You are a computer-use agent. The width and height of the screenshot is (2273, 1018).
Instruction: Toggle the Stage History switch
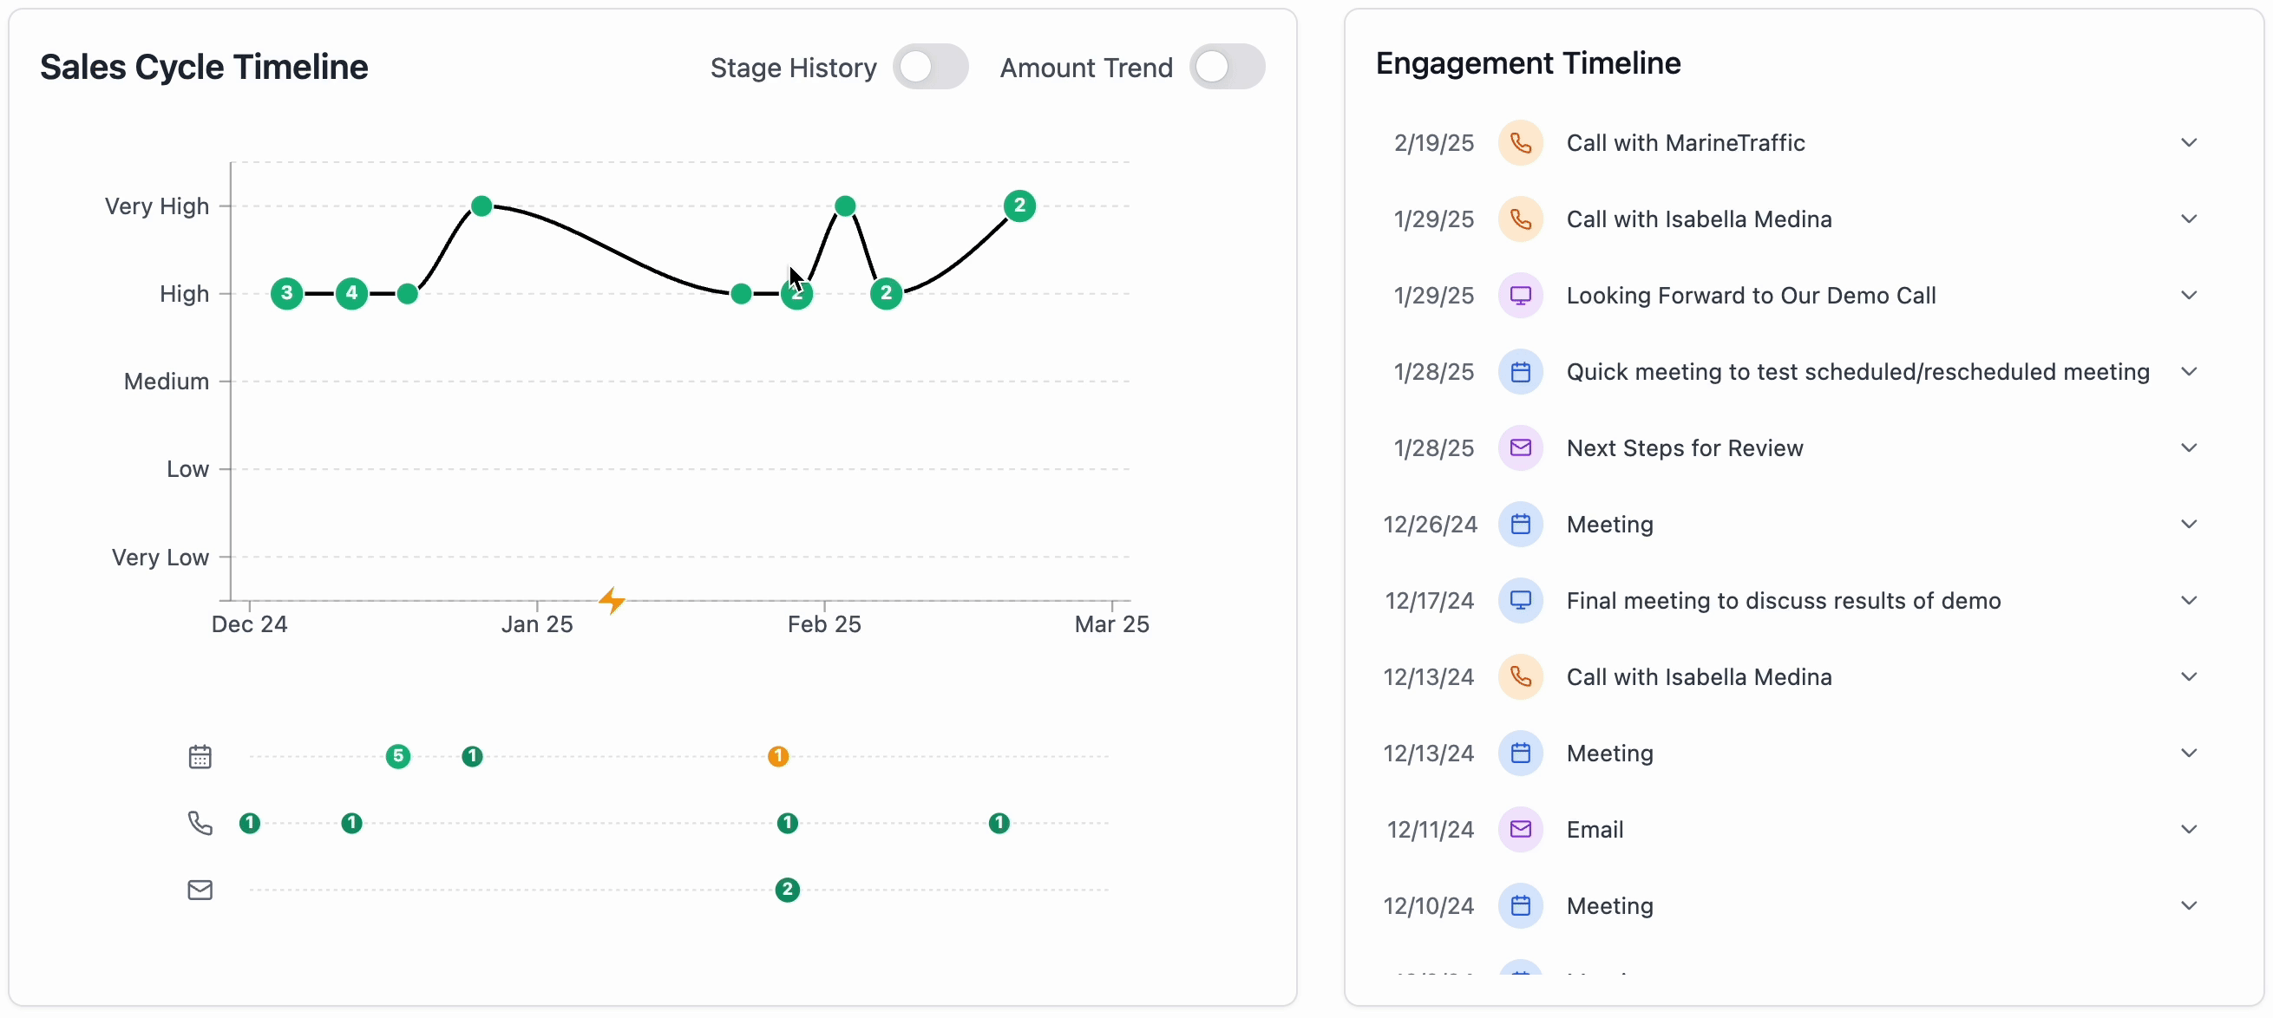tap(930, 67)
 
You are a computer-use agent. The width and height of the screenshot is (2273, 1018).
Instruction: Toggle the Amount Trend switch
tap(1227, 67)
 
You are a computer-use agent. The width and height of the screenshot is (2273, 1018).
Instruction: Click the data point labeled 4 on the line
tap(351, 293)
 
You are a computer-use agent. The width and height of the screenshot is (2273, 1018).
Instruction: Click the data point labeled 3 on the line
tap(286, 293)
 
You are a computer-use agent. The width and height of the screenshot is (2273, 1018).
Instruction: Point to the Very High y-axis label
tap(156, 206)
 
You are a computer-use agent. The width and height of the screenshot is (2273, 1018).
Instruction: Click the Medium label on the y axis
tap(166, 381)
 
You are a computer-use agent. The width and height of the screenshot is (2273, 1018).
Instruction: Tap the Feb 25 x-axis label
tap(823, 624)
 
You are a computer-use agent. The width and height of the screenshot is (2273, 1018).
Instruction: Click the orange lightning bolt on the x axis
tap(612, 601)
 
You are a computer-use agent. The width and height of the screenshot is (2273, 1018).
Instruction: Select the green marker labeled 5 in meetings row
tap(398, 756)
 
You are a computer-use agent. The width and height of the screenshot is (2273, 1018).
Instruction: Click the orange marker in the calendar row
tap(777, 756)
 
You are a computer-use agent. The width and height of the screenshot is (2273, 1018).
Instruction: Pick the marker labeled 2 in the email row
tap(787, 889)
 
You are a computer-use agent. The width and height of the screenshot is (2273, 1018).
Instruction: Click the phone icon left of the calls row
tap(200, 823)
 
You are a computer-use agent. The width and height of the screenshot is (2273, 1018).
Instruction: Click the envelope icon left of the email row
tap(200, 889)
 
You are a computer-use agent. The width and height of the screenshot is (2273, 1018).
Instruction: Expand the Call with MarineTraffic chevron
tap(2188, 143)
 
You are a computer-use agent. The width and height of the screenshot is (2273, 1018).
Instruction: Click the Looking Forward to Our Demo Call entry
tap(1751, 296)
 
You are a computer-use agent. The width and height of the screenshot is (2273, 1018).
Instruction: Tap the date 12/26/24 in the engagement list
tap(1430, 524)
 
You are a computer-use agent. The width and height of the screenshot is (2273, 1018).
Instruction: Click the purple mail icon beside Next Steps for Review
tap(1519, 448)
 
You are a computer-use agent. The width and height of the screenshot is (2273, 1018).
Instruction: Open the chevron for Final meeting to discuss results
tap(2188, 601)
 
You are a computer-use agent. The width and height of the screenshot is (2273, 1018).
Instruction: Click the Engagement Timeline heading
tap(1528, 63)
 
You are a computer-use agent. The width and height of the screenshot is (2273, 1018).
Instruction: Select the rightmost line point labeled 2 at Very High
tap(1019, 206)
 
